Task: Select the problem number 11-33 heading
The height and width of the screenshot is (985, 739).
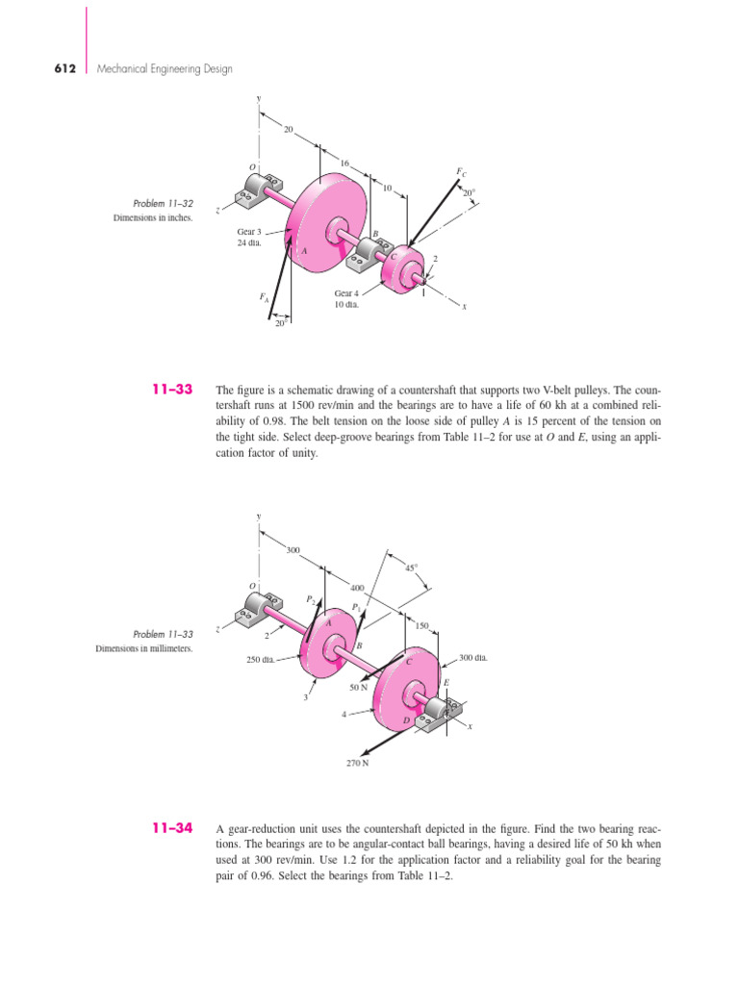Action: pos(173,390)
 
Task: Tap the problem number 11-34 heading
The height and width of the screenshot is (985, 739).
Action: pos(173,828)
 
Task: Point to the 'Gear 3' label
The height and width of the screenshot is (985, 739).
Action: pos(250,232)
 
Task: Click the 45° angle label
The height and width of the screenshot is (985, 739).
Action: pos(411,568)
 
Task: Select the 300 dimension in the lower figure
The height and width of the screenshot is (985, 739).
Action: pos(293,550)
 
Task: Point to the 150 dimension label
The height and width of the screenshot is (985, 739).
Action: pos(420,625)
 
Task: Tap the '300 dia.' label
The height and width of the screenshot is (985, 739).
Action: pos(474,658)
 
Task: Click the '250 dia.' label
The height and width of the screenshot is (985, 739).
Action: pos(262,660)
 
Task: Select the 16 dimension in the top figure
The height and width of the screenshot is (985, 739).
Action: pos(344,164)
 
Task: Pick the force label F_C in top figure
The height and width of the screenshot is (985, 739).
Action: pos(461,172)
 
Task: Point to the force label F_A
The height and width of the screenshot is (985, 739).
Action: pos(264,299)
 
